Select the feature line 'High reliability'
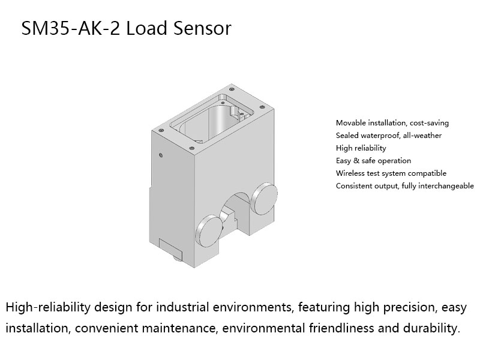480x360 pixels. click(361, 148)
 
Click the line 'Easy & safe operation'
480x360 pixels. click(373, 161)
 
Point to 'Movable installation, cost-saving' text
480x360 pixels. click(392, 123)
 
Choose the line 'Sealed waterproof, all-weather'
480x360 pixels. click(388, 136)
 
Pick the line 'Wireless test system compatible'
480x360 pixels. click(391, 173)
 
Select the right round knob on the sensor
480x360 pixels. click(264, 197)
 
